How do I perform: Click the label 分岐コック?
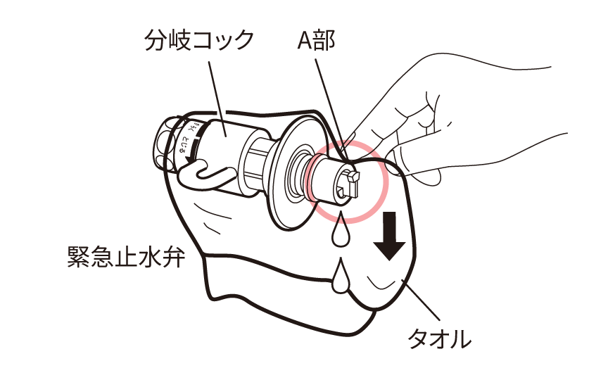coord(198,40)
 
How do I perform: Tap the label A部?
coord(316,40)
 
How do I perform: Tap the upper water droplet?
coord(341,232)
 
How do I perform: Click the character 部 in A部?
coord(326,40)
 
